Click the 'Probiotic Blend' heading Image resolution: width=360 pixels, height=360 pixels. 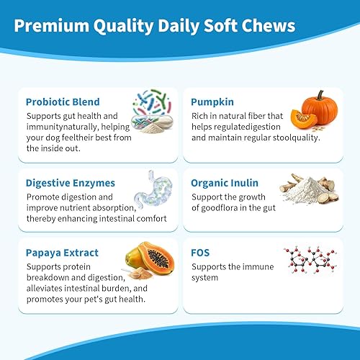(x=63, y=102)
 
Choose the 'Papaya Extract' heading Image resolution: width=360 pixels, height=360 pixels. (x=62, y=253)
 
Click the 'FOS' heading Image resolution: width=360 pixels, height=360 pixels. (x=202, y=253)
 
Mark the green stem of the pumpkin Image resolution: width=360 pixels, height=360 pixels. (x=314, y=91)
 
